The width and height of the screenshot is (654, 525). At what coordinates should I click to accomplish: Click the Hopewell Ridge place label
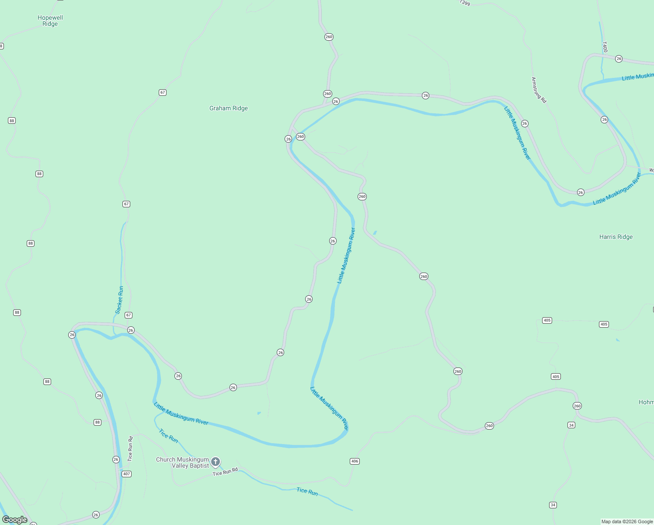click(50, 21)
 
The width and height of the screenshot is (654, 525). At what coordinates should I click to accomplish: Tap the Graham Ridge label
click(228, 108)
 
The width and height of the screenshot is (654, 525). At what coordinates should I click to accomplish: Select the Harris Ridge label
click(616, 237)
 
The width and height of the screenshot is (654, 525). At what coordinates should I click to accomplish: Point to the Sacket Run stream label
click(119, 300)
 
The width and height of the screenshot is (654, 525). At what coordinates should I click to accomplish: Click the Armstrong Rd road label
click(539, 90)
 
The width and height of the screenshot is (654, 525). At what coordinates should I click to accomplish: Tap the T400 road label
click(605, 47)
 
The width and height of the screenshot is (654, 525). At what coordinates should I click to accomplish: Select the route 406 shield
click(355, 461)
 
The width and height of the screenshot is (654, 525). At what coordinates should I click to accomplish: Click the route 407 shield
click(126, 474)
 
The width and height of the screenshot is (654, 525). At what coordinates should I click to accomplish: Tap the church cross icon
click(215, 462)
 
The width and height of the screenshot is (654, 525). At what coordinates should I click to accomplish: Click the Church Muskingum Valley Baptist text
click(183, 462)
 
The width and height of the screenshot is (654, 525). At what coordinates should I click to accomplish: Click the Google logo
click(15, 520)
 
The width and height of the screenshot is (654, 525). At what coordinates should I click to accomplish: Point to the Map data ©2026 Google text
click(627, 521)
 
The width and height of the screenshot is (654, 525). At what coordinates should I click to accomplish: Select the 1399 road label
click(465, 3)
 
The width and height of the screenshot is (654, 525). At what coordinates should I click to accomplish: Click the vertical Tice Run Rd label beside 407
click(130, 448)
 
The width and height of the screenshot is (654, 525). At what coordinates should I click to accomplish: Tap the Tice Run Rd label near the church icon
click(225, 472)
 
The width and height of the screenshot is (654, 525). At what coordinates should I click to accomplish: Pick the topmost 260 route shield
click(329, 37)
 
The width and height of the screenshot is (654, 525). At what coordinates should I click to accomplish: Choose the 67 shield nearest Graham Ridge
click(163, 92)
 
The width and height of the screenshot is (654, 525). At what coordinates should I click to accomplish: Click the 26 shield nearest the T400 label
click(619, 59)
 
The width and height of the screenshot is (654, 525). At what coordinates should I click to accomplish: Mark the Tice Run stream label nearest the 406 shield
click(307, 491)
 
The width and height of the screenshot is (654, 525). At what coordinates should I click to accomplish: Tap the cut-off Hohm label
click(646, 402)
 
